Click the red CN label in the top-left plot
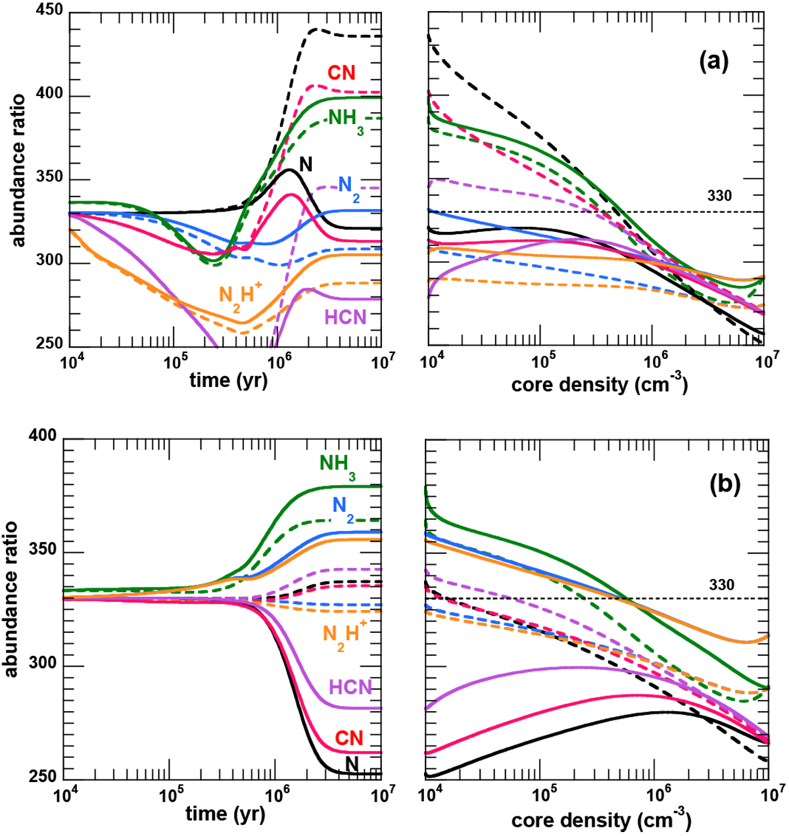pyautogui.click(x=342, y=72)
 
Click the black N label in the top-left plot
pyautogui.click(x=306, y=163)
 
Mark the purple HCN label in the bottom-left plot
pyautogui.click(x=350, y=687)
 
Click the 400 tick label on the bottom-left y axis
pyautogui.click(x=42, y=438)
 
